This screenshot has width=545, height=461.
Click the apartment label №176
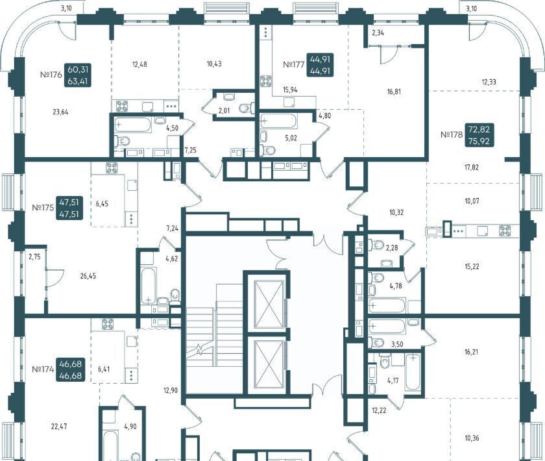point(51,75)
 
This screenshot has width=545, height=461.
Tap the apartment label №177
point(294,64)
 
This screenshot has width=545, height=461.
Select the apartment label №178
point(452,134)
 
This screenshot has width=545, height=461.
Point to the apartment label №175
point(43,208)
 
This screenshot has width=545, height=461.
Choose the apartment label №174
point(43,369)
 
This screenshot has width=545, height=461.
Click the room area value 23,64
point(60,112)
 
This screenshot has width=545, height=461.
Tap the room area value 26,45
point(88,276)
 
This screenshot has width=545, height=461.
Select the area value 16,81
point(394,92)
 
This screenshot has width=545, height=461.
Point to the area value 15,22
point(472,266)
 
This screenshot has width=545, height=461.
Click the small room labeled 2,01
point(224,111)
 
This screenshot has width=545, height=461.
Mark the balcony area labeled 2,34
point(378,33)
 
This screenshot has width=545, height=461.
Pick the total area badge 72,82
point(479,129)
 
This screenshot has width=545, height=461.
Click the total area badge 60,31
point(78,69)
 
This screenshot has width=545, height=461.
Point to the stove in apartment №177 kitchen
point(266,81)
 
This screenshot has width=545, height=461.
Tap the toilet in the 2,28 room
point(376,245)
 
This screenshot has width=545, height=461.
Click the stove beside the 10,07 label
point(505,230)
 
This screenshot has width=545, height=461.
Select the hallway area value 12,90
point(171,390)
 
